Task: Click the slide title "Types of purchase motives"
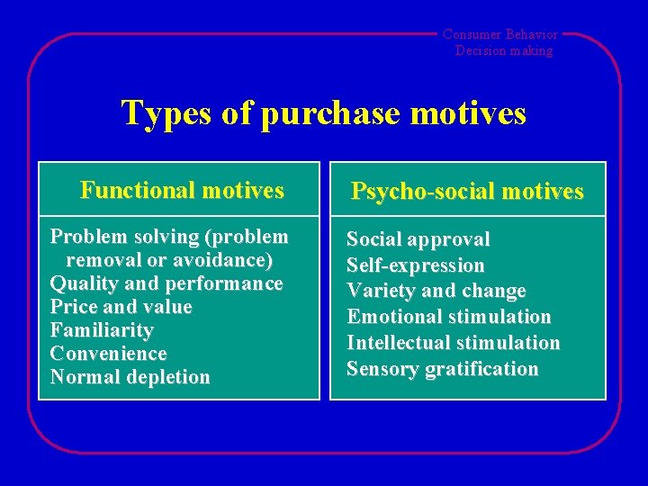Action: (x=323, y=113)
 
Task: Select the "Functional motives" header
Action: (x=182, y=190)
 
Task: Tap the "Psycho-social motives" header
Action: (x=467, y=192)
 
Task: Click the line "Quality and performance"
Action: (x=166, y=283)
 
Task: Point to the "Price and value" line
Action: (x=121, y=307)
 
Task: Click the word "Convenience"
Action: (x=109, y=354)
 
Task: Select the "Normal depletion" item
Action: (x=130, y=377)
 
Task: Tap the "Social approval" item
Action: (x=418, y=239)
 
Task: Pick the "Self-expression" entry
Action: (x=416, y=265)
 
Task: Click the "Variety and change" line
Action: (x=436, y=292)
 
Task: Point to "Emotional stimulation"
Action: (x=449, y=317)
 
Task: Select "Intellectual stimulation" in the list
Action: (x=454, y=343)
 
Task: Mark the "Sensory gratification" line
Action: (x=443, y=369)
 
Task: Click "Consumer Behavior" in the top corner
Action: (x=500, y=35)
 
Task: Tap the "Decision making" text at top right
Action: (x=504, y=50)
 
